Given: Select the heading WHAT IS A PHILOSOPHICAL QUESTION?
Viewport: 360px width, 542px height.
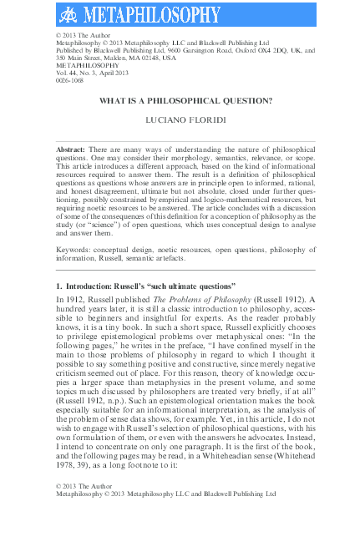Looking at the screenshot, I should click(x=185, y=101).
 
